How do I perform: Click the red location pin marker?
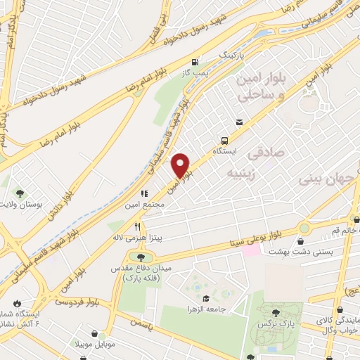pyautogui.click(x=181, y=165)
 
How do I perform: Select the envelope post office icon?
pyautogui.click(x=240, y=122)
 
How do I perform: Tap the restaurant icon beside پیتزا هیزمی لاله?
pyautogui.click(x=138, y=227)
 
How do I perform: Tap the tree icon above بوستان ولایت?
pyautogui.click(x=20, y=193)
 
